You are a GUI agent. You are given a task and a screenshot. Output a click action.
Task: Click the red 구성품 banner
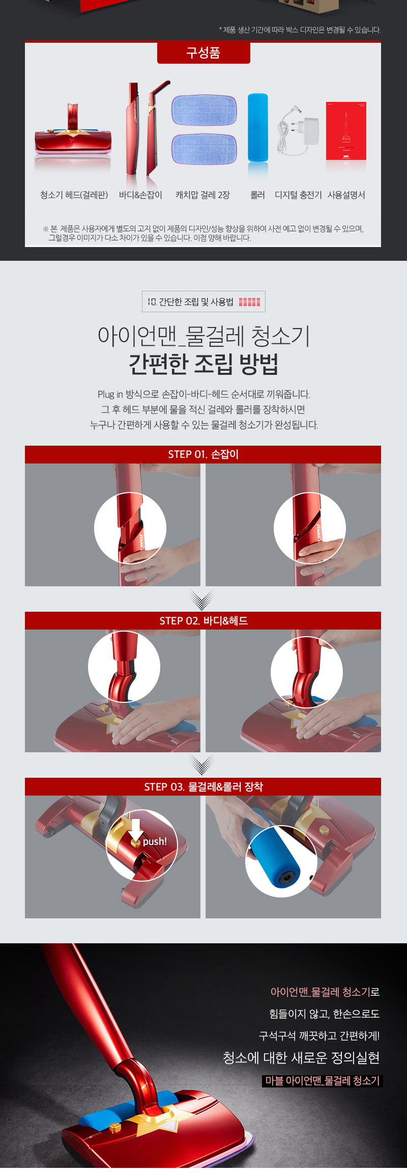[x=203, y=52]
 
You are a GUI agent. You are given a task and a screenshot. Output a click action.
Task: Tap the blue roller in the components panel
[x=257, y=127]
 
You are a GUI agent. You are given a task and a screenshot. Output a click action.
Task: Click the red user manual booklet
[x=346, y=131]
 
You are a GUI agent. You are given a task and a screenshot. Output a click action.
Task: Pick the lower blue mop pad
[x=204, y=150]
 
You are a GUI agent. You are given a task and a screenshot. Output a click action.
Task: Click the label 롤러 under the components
[x=257, y=195]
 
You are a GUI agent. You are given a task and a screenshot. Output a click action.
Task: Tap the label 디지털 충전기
[x=298, y=195]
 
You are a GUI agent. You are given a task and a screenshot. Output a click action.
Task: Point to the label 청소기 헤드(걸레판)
[x=74, y=195]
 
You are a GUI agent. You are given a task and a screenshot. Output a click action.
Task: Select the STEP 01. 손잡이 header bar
[x=203, y=454]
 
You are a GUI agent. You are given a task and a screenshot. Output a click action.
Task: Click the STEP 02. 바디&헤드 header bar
[x=203, y=621]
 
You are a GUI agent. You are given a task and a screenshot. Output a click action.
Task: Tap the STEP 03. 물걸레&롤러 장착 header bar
[x=203, y=787]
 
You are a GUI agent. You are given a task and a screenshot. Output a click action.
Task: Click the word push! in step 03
[x=155, y=841]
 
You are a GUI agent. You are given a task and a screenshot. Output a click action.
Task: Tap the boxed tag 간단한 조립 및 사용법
[x=203, y=302]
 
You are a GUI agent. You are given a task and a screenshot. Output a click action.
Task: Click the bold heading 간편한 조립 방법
[x=203, y=363]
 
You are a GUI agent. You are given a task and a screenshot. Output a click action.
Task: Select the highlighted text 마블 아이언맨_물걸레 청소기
[x=323, y=1081]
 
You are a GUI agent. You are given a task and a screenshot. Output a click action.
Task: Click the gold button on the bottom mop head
[x=114, y=1127]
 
